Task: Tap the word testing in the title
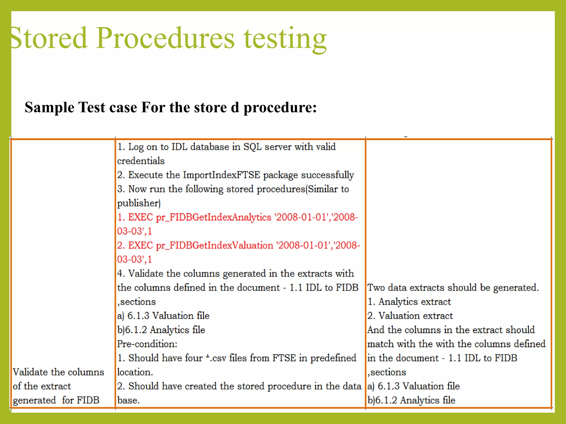(285, 39)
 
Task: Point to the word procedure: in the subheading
(280, 108)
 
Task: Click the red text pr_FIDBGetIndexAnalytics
(213, 217)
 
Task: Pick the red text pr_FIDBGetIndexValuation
(214, 245)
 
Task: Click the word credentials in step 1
(141, 161)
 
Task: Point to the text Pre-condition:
(147, 344)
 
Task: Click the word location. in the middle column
(135, 372)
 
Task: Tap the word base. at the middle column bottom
(128, 400)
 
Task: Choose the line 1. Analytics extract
(409, 302)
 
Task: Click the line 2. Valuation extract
(410, 316)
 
